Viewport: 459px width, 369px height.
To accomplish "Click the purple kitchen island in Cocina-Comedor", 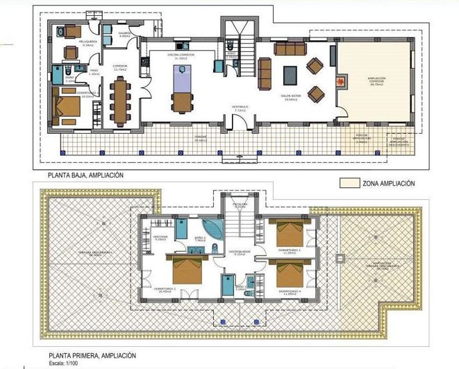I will (181, 92).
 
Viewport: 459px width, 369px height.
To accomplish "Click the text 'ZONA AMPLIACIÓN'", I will (388, 184).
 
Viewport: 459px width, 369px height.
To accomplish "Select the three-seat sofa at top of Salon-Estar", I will (290, 49).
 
